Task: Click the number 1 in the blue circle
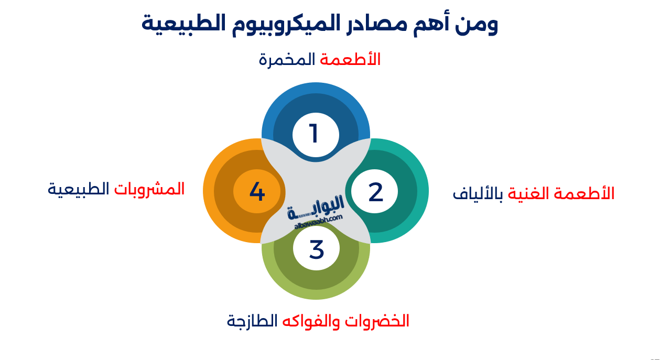click(314, 134)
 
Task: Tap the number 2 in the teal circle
click(375, 192)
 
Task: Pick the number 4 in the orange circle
click(257, 192)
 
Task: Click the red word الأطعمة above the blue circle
click(350, 60)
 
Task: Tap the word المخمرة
click(287, 60)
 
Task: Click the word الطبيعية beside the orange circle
click(79, 189)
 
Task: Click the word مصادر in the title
click(375, 24)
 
